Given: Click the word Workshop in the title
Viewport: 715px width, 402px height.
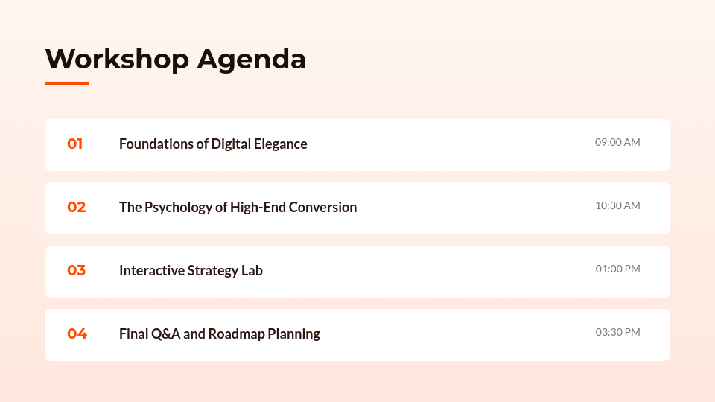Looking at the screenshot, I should [117, 59].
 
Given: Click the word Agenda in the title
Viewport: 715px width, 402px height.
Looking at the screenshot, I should [251, 60].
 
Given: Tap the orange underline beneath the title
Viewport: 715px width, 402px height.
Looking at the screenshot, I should [67, 83].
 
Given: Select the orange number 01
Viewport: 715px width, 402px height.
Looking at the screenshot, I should [75, 144].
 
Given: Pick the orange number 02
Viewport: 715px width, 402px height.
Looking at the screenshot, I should [77, 208].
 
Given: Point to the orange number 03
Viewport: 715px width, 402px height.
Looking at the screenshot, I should [77, 271].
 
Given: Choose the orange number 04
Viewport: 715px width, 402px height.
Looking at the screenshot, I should [77, 334].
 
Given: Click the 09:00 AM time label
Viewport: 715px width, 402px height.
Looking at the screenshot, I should [617, 142].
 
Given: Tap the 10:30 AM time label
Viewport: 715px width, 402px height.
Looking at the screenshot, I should [617, 205].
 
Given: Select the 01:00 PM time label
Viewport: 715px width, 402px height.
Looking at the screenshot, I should [617, 269].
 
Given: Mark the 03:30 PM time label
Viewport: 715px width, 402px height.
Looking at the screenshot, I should [617, 332].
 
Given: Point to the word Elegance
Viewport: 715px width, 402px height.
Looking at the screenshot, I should [280, 144].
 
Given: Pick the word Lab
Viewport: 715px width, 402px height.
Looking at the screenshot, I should [252, 271].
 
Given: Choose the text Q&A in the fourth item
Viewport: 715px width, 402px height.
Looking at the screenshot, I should [165, 334].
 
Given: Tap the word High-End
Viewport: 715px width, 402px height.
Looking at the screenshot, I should [257, 208].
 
